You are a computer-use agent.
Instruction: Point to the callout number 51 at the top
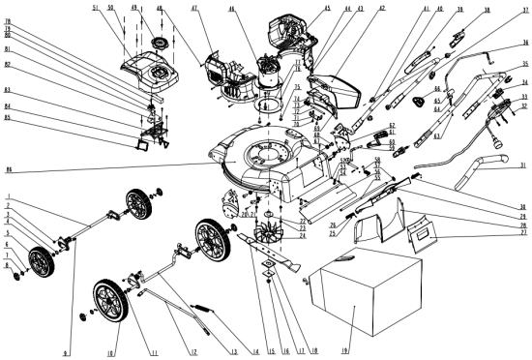(x=96, y=9)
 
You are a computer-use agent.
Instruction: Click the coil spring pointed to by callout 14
(x=203, y=311)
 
